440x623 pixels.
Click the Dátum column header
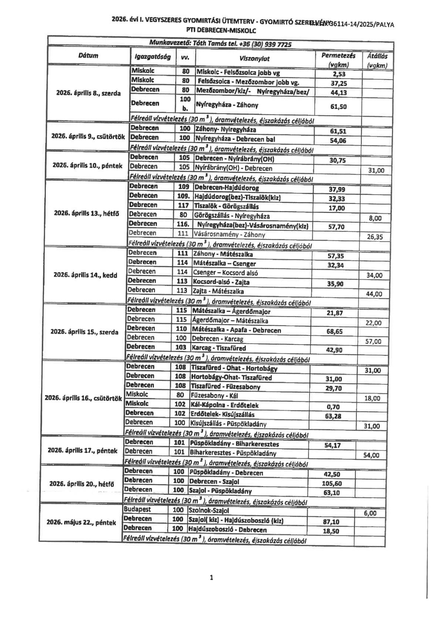(88, 56)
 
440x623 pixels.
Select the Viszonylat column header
(254, 58)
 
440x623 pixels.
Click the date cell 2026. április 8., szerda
(88, 93)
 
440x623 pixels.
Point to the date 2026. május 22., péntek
(81, 523)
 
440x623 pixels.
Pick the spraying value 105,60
(332, 483)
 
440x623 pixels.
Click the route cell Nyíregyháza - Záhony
(227, 105)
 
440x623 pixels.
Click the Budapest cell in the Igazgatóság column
(137, 509)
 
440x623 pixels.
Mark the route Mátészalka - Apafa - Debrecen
(236, 330)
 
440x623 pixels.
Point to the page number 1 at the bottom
(211, 577)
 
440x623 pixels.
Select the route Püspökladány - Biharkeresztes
(234, 444)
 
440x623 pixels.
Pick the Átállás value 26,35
(375, 237)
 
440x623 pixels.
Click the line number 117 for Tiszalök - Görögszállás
(183, 205)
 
